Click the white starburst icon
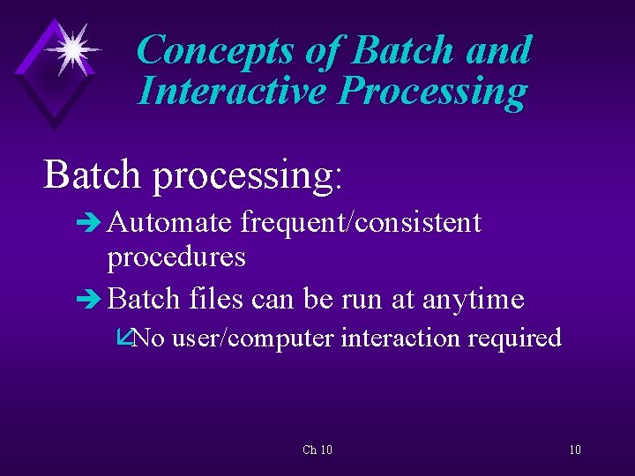coord(70,48)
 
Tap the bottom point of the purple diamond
coord(56,126)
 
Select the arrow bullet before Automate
coord(90,224)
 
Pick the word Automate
coord(169,223)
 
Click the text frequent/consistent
coord(361,223)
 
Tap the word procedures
coord(176,257)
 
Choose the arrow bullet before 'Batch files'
coord(90,301)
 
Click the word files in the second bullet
coord(216,300)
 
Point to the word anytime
coord(474,301)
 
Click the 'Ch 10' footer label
coord(317,450)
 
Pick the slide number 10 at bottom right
coord(575,450)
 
